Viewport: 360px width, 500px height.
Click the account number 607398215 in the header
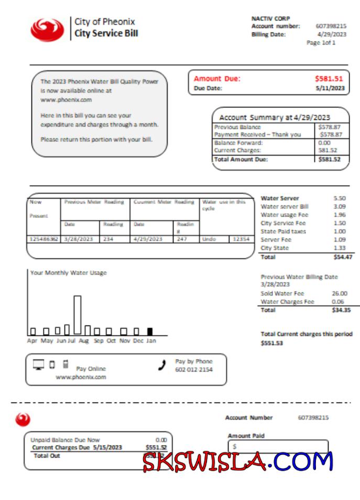tap(331, 26)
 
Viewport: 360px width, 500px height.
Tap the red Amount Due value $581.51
tap(329, 79)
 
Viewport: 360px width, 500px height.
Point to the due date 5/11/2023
tap(330, 88)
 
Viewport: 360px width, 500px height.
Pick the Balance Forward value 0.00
tap(324, 143)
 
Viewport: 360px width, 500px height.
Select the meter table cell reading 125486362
tap(43, 239)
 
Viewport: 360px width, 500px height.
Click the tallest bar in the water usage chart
tap(78, 314)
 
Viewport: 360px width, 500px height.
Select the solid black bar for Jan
tap(150, 331)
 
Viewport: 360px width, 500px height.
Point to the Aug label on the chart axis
tap(83, 341)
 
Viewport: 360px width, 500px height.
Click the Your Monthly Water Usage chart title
tap(68, 273)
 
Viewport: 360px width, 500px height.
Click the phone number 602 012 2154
tap(193, 370)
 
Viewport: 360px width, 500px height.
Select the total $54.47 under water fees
tap(343, 257)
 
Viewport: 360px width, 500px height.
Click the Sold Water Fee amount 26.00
tap(340, 294)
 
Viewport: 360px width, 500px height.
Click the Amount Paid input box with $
tap(278, 446)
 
